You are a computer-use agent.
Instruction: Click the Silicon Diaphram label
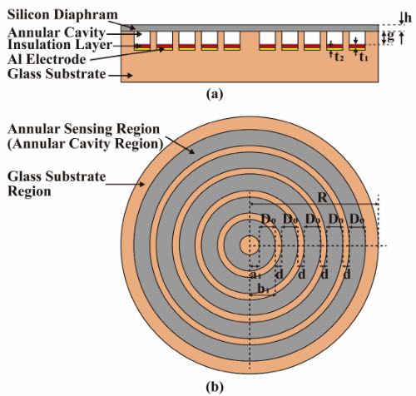coord(62,15)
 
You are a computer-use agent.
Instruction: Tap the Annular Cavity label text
coord(57,32)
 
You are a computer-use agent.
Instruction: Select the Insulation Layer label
coord(60,45)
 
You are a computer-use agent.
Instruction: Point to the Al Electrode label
coord(47,59)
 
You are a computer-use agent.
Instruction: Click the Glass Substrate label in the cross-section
coord(57,74)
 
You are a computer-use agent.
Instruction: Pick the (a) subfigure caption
coord(215,94)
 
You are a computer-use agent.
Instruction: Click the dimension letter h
coord(408,18)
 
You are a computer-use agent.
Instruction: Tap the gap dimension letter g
coord(390,37)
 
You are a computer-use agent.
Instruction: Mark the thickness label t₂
coord(339,57)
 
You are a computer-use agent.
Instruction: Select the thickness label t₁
coord(364,57)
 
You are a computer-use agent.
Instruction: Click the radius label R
coord(323,198)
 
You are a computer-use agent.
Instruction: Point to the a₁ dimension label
coord(254,275)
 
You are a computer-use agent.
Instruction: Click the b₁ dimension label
coord(264,289)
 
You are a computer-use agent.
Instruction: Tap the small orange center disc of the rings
coord(250,245)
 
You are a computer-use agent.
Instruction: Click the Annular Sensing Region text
coord(84,129)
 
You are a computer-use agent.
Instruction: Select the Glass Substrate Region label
coord(57,184)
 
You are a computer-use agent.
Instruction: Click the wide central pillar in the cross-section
coord(250,41)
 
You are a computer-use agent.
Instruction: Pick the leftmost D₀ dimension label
coord(269,220)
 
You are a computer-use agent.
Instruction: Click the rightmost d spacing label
coord(347,274)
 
